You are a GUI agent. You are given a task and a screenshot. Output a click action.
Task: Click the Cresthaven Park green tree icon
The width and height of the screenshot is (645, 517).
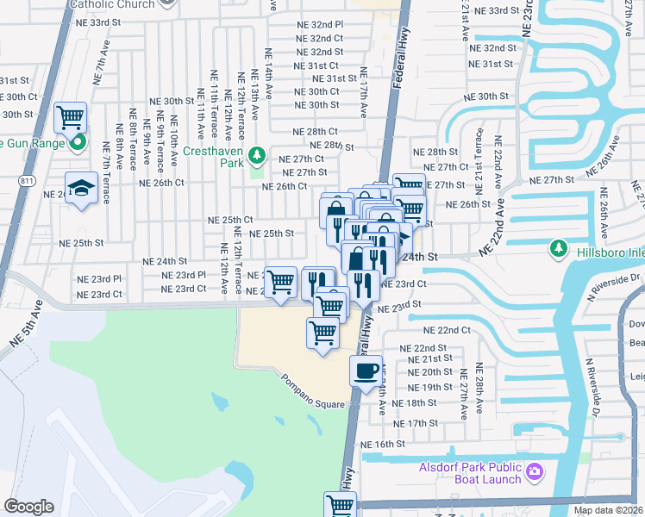[256, 155]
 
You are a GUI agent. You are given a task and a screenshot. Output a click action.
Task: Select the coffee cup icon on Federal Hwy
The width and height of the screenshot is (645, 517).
[366, 371]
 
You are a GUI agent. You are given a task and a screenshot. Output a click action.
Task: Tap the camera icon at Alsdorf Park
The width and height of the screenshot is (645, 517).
[535, 470]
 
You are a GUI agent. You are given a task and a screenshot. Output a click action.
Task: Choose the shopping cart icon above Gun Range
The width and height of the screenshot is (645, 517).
[70, 115]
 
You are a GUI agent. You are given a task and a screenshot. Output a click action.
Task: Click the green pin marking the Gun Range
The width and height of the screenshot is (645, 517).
[78, 142]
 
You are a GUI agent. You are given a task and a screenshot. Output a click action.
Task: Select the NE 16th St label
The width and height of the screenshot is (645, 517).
[383, 444]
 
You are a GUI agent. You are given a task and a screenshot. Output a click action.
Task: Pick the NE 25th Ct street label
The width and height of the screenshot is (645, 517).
[230, 221]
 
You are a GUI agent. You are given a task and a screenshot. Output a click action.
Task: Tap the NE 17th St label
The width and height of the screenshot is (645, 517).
[416, 423]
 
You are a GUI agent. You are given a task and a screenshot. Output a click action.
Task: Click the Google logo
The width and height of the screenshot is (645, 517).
[28, 506]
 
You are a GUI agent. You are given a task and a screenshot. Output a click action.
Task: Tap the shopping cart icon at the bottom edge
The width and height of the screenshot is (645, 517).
[340, 504]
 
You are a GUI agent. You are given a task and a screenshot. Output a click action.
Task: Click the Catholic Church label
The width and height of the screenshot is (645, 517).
[112, 4]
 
